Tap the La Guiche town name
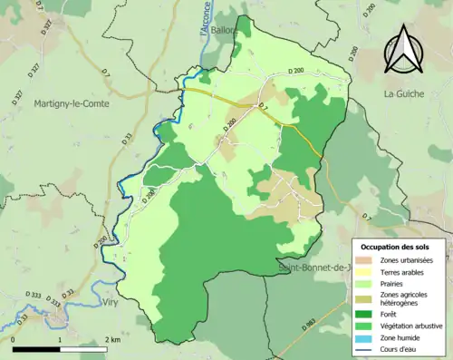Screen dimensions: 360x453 (403, 93)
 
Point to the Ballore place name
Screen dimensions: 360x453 (223, 30)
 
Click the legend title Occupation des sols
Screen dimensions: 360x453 (396, 246)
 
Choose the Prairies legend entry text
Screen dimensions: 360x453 (394, 284)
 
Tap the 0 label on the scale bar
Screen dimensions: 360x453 (14, 339)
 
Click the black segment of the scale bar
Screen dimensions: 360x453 (36, 349)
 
